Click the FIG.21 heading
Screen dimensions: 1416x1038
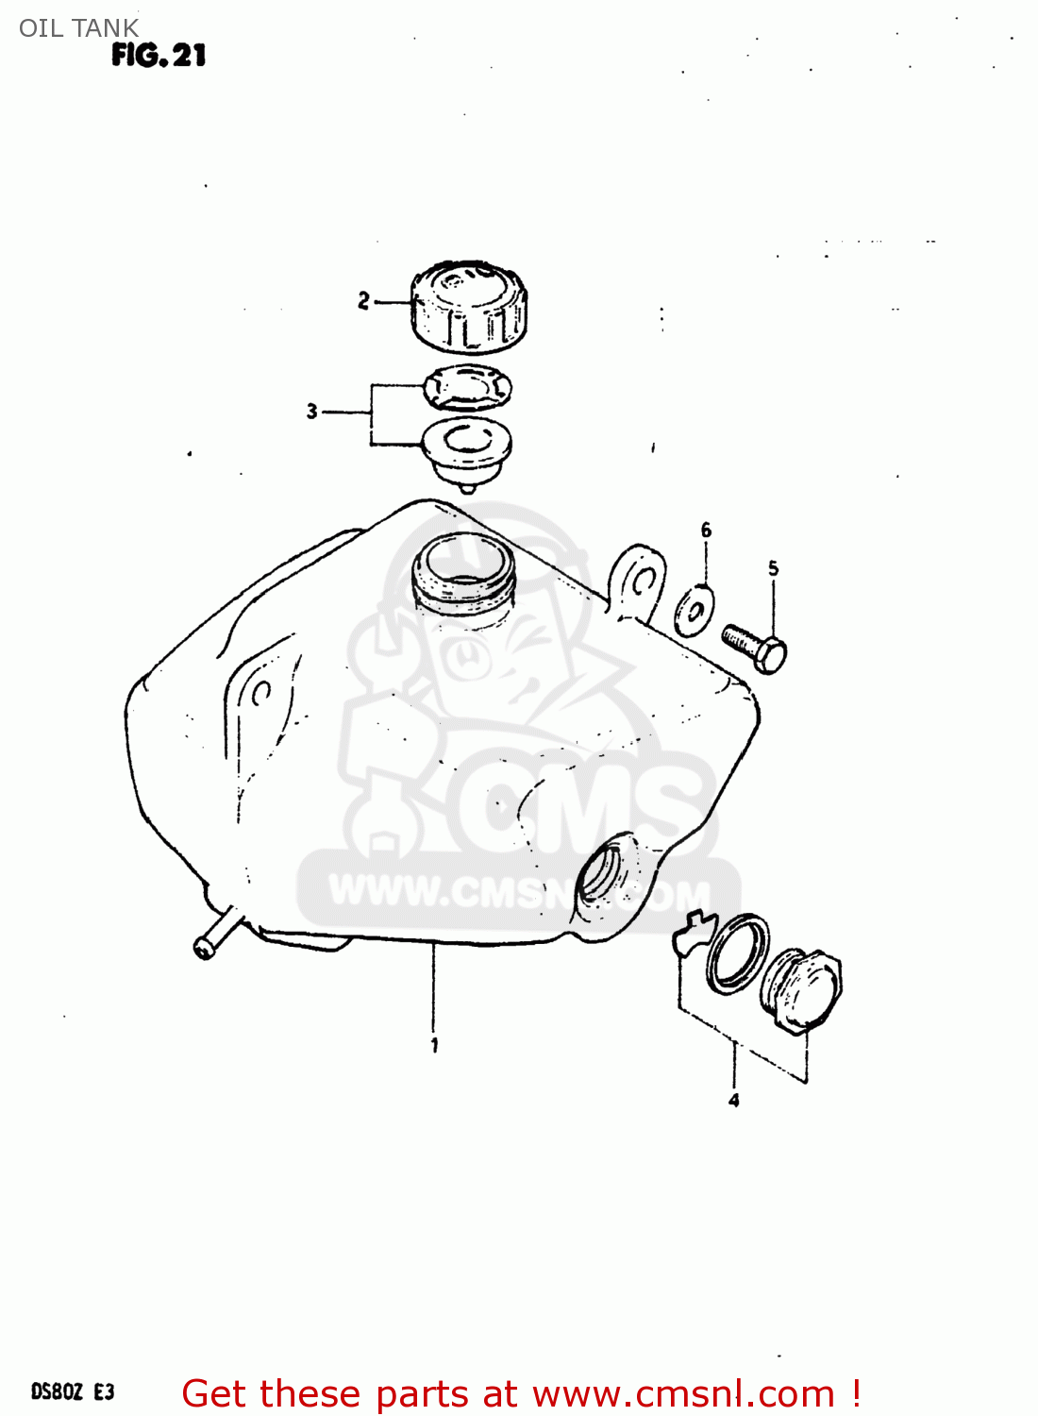click(x=158, y=56)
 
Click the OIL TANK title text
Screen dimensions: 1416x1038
click(x=78, y=28)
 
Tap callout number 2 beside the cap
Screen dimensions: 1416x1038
click(x=363, y=301)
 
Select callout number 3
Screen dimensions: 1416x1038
click(x=311, y=412)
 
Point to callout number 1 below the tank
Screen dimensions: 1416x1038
click(x=434, y=1045)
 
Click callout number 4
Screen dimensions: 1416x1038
click(x=733, y=1100)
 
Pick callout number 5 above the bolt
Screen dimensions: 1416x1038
click(x=773, y=568)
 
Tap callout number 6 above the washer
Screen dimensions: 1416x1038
click(x=706, y=531)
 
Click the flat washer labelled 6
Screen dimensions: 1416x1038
click(x=695, y=610)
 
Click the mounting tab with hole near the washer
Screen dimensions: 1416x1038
click(x=639, y=583)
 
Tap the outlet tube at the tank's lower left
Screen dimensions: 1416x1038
click(x=216, y=935)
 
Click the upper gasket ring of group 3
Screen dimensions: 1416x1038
click(x=467, y=386)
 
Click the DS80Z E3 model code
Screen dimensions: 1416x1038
click(x=73, y=1391)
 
